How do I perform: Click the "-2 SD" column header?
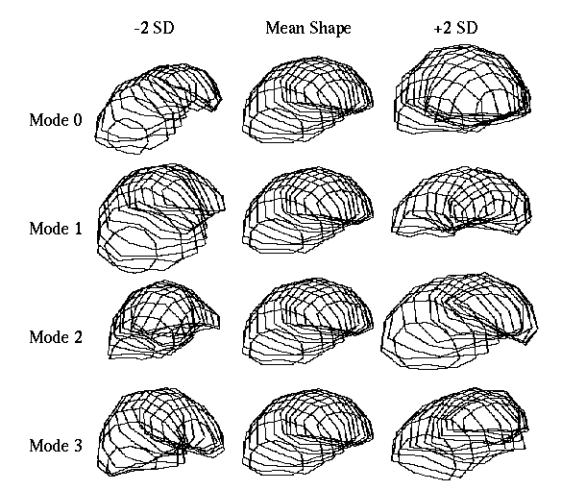pos(155,28)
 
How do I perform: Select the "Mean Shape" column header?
pos(308,29)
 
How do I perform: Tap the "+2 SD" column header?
pos(455,28)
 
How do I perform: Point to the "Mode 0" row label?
pos(56,120)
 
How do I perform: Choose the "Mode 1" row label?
pos(56,229)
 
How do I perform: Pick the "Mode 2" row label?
pos(56,337)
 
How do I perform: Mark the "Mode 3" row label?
pos(56,445)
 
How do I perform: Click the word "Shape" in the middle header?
pos(330,29)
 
